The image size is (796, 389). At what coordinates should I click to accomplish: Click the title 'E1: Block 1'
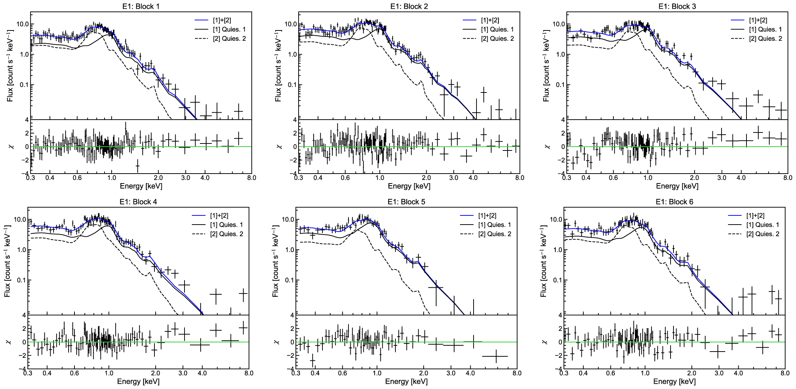tap(141, 6)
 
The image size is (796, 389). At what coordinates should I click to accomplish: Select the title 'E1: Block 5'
tap(406, 202)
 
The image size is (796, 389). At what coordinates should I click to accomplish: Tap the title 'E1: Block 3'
tap(677, 6)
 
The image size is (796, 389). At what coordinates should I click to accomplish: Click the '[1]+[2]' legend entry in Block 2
tap(490, 20)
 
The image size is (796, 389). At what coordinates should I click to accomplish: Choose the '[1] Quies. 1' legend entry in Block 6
tap(763, 225)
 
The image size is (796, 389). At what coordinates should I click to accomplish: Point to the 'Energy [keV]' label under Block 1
tap(141, 186)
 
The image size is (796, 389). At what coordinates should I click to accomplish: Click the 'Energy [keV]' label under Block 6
tap(675, 382)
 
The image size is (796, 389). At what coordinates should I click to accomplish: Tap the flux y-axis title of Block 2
tap(278, 66)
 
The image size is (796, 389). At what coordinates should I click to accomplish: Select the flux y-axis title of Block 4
tap(7, 261)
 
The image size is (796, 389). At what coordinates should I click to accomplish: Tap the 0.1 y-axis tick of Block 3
tap(559, 85)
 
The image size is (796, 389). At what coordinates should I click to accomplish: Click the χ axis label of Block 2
tap(280, 147)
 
